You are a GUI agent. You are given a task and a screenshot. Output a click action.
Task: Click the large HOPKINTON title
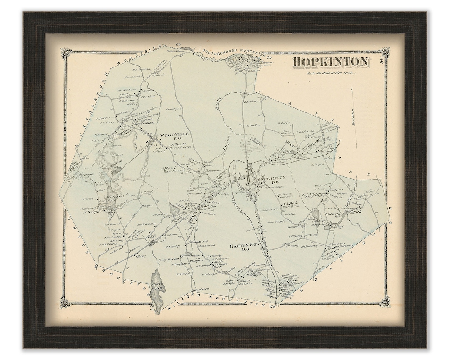coord(330,62)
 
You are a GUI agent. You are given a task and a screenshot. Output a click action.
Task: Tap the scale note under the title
coord(330,73)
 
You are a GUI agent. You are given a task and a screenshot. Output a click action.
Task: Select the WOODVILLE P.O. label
coord(174,136)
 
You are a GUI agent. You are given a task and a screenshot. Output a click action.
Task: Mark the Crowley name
coord(172,109)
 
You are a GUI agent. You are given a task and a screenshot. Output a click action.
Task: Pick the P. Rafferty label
coord(251,101)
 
